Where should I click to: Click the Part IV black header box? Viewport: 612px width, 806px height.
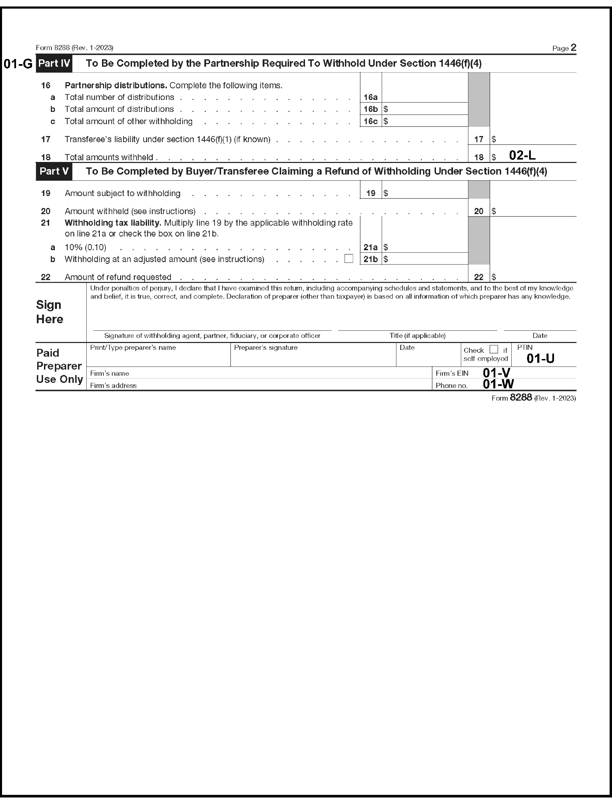tap(54, 63)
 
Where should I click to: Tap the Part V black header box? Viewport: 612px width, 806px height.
tap(54, 171)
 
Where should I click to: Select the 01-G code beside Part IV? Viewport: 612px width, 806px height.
tap(18, 64)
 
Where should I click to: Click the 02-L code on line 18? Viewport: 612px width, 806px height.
tap(522, 155)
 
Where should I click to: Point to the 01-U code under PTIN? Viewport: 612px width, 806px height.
tap(540, 359)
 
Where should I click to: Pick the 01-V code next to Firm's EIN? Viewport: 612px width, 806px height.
tap(496, 372)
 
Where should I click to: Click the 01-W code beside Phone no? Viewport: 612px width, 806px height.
tap(498, 384)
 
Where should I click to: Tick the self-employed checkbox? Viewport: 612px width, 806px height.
tap(494, 349)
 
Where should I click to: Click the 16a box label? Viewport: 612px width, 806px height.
tap(370, 97)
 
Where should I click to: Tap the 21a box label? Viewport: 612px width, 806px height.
tap(370, 248)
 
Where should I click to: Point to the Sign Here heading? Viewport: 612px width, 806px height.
tap(49, 312)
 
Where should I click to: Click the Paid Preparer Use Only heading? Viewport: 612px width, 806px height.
tap(59, 366)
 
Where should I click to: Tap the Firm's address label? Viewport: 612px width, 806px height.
tap(113, 386)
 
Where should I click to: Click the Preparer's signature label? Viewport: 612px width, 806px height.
tap(266, 348)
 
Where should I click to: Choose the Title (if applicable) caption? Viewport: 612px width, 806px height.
tap(417, 335)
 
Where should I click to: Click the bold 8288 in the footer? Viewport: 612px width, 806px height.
tap(521, 398)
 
